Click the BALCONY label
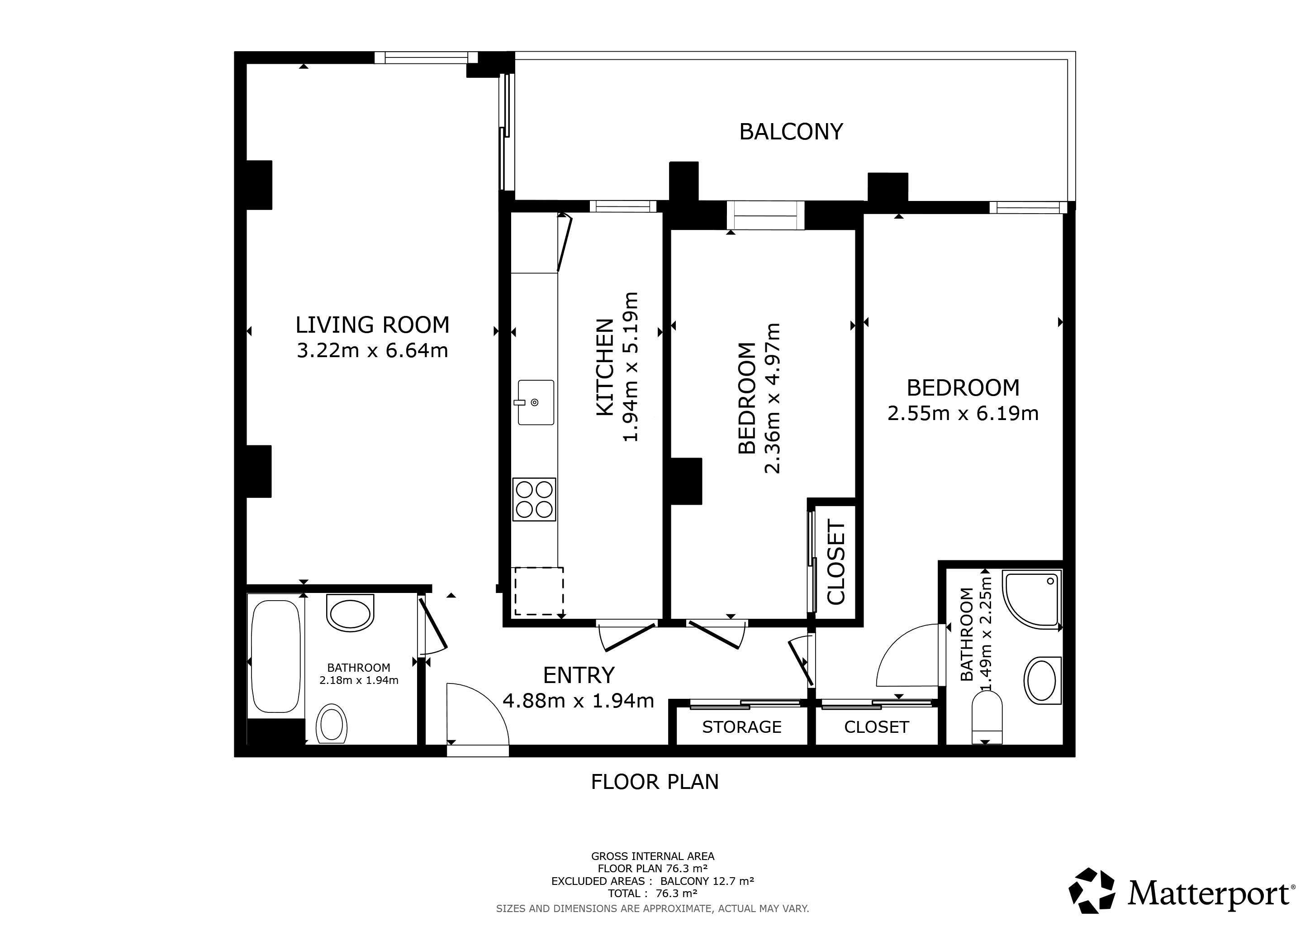(791, 132)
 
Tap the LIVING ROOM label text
(373, 325)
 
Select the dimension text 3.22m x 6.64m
(373, 350)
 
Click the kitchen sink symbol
(536, 402)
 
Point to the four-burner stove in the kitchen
(534, 499)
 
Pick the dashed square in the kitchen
(539, 591)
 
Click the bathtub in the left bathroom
(275, 656)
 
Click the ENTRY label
(579, 675)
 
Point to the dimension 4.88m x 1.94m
(579, 700)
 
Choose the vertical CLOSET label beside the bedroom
(836, 562)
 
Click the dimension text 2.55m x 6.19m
(963, 413)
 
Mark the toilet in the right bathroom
(987, 717)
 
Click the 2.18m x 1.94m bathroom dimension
(359, 680)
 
